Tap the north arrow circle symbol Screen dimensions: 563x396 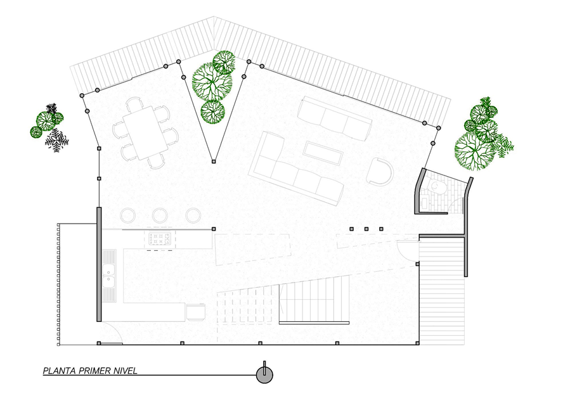tap(264, 375)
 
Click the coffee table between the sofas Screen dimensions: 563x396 tap(322, 153)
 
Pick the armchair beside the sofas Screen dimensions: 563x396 tap(380, 172)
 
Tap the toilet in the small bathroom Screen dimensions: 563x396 tap(436, 186)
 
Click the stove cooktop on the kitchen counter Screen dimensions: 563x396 tap(160, 239)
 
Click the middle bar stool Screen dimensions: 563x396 tap(160, 215)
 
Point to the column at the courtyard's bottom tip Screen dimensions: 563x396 tap(214, 162)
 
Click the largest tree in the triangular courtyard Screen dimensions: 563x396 tap(211, 82)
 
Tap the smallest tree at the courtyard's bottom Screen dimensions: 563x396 tap(212, 112)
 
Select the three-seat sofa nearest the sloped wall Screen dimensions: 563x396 tap(335, 118)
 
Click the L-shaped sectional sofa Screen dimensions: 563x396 tap(297, 168)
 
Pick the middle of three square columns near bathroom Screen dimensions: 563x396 tap(366, 229)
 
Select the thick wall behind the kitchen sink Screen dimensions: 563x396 tap(99, 264)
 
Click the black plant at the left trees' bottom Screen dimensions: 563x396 tap(56, 140)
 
